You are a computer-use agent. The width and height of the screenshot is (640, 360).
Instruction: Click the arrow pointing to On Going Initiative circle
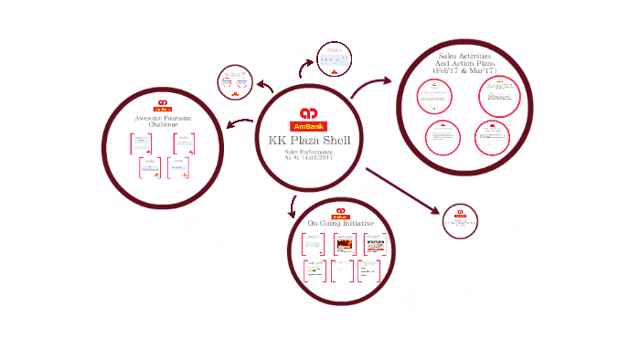tap(293, 206)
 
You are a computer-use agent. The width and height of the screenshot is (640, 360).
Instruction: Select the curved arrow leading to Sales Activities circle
tap(371, 87)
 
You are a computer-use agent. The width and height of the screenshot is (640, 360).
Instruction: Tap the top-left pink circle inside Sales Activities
tap(433, 96)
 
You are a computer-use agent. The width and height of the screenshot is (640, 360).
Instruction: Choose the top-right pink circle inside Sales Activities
tap(499, 96)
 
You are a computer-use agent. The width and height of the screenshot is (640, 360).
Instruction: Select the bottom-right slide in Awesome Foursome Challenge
tap(178, 168)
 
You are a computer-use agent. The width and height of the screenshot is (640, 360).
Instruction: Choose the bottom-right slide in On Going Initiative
tap(372, 270)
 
